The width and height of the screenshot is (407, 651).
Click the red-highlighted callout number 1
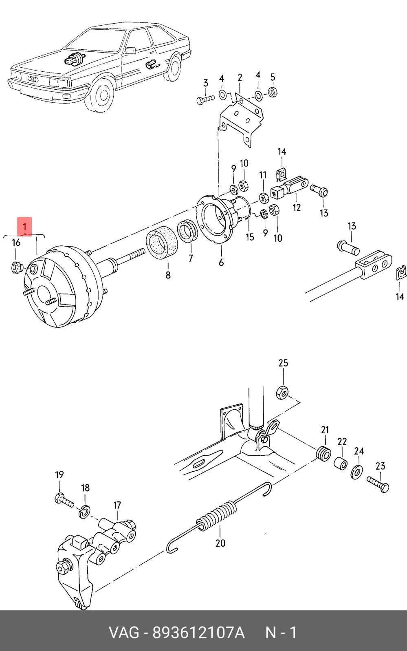[x=25, y=227]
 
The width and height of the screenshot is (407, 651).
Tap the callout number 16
[x=16, y=242]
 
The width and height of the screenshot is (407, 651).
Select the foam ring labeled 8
[x=161, y=245]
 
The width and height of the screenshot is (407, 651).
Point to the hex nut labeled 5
[x=273, y=92]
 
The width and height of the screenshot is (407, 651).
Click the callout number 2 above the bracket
[x=240, y=77]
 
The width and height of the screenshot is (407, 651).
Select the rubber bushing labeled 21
[x=323, y=454]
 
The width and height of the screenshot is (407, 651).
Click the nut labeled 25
[x=282, y=392]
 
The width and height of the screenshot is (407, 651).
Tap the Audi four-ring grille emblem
[x=33, y=79]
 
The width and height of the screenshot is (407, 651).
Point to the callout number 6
[x=221, y=263]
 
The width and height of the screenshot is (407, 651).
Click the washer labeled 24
[x=356, y=472]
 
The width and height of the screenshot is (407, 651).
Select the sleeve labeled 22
[x=340, y=463]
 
